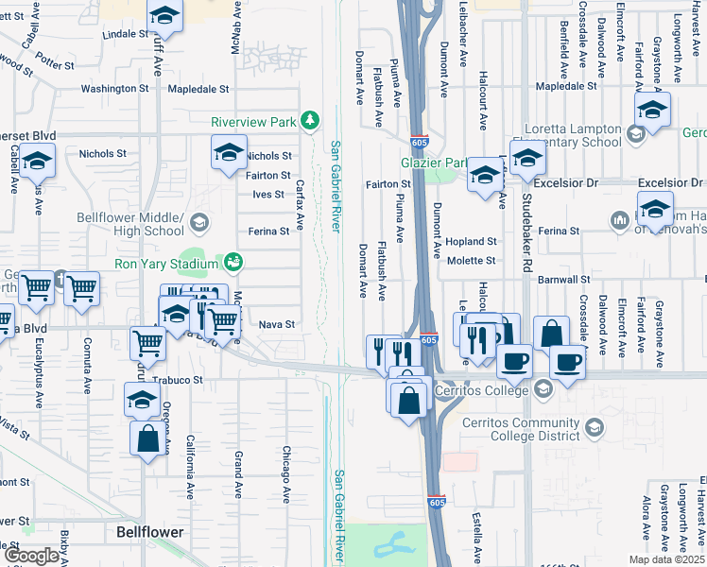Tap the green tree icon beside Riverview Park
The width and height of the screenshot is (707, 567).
309,120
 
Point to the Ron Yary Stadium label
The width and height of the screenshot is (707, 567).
166,263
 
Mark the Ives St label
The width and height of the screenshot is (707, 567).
267,194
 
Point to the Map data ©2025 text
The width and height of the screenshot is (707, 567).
666,559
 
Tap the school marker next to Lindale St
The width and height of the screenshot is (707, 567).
164,16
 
